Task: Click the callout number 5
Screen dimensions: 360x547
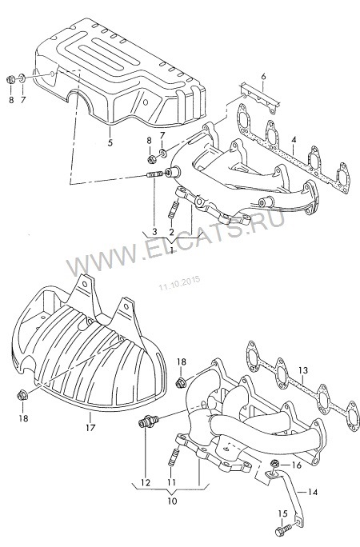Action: point(110,142)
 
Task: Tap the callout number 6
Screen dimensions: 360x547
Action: point(263,77)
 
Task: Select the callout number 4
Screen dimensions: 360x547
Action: point(294,140)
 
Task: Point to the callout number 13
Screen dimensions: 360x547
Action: point(303,370)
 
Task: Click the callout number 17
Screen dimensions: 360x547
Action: point(90,427)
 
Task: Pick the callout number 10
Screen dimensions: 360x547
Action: point(172,501)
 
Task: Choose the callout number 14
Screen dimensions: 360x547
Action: point(314,493)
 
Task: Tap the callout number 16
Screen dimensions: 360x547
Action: point(297,465)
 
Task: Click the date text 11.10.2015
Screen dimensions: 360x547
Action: point(180,283)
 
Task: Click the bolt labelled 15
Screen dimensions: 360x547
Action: point(283,530)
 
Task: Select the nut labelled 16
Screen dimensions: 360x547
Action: point(274,463)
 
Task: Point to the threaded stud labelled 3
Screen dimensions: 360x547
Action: point(154,174)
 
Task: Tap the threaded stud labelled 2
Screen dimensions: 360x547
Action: point(174,210)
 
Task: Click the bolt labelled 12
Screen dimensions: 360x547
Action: point(148,421)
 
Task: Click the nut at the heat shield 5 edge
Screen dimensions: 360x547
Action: point(10,79)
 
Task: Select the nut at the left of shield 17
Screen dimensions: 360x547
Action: point(22,396)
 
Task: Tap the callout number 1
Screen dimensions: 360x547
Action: point(171,250)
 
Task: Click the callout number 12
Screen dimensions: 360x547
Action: point(145,483)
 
